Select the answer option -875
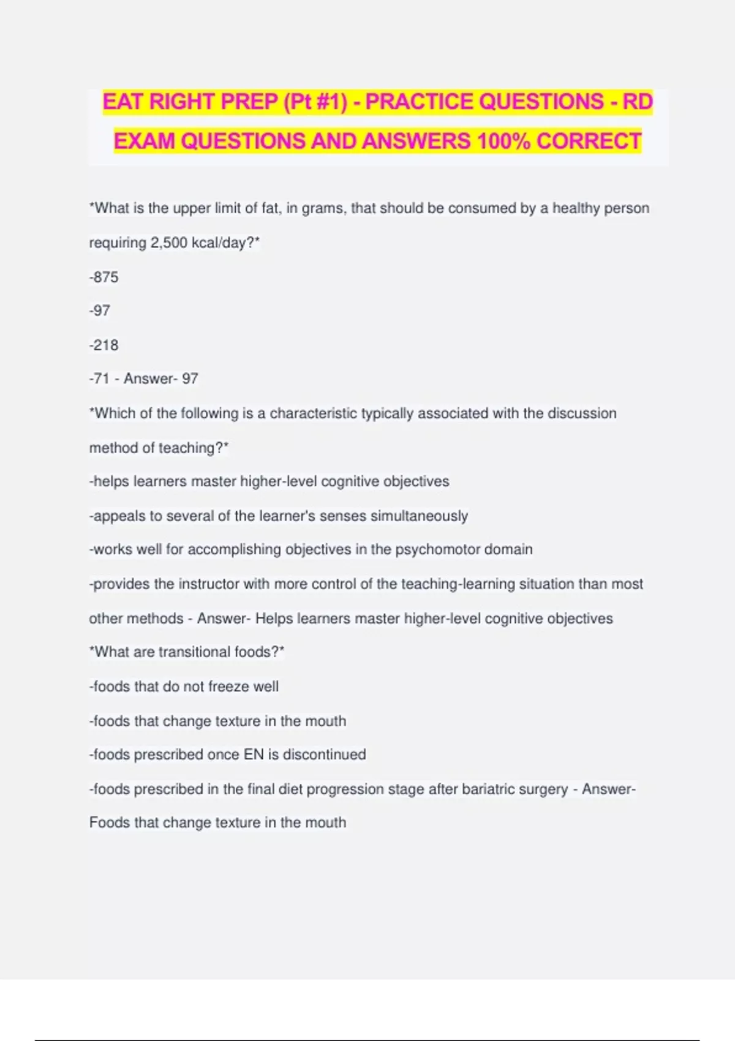(104, 277)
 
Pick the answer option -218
(104, 345)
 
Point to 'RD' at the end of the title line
(638, 102)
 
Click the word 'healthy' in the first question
(576, 209)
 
